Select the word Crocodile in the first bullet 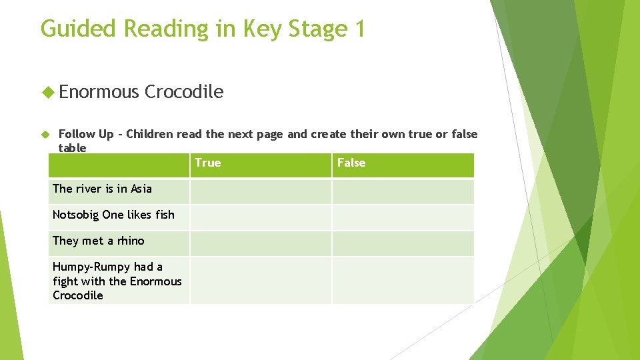tap(184, 91)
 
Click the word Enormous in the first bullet tap(99, 91)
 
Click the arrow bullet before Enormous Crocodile tap(47, 92)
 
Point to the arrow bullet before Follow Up tap(47, 134)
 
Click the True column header tap(208, 163)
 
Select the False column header tap(351, 163)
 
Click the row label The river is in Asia tap(102, 189)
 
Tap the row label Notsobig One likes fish tap(113, 215)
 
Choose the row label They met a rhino tap(98, 241)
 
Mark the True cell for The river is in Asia tap(260, 191)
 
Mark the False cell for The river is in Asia tap(403, 191)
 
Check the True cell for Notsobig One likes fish tap(260, 217)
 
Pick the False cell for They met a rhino tap(403, 243)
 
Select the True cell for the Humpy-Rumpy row tap(260, 281)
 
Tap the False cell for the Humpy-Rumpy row tap(403, 281)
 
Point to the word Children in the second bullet tap(149, 134)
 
